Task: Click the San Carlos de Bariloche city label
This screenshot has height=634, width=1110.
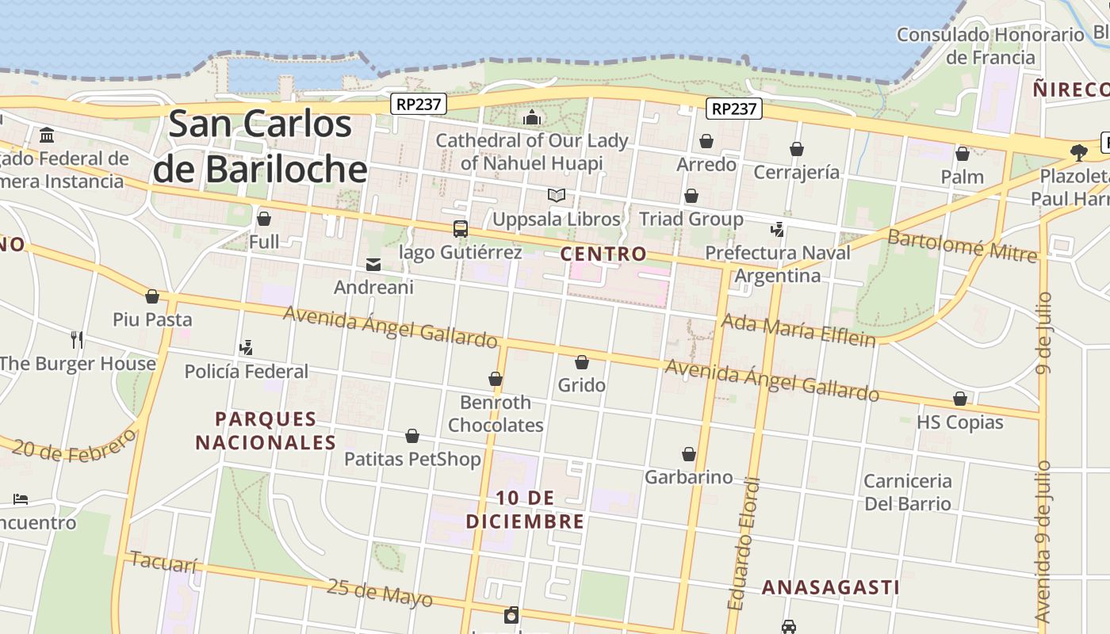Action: tap(260, 147)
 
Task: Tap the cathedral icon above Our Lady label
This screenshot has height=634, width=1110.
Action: tap(532, 118)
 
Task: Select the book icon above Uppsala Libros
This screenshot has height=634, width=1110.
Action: tap(557, 195)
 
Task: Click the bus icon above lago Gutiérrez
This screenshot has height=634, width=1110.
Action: tap(461, 229)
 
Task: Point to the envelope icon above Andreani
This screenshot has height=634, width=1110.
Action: tap(373, 265)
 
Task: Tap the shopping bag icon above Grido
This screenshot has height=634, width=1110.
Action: tap(582, 362)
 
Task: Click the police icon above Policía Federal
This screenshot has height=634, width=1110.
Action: tap(247, 347)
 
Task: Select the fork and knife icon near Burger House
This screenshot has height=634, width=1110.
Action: tap(77, 340)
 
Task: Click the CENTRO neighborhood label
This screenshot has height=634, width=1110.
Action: tap(603, 254)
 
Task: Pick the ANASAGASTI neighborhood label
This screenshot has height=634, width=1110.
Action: tap(830, 587)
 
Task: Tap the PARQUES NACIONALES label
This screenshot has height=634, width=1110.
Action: tap(266, 430)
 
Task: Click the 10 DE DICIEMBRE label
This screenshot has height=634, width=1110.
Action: tap(525, 510)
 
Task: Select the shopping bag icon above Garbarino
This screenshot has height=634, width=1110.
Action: tap(689, 454)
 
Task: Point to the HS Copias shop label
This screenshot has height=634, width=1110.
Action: tap(959, 422)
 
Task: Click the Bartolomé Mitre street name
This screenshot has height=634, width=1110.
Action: tap(962, 246)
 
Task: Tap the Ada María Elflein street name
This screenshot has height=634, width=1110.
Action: tap(798, 330)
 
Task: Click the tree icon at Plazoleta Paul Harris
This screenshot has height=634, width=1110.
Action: tap(1078, 152)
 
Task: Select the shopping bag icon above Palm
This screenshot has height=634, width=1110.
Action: tap(963, 154)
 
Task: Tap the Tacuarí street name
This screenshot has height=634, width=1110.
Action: tap(163, 563)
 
